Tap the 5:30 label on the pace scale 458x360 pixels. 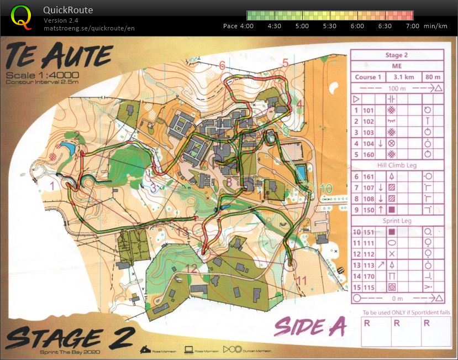pyautogui.click(x=329, y=26)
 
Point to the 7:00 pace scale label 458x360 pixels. pyautogui.click(x=412, y=26)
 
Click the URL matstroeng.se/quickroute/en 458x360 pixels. pyautogui.click(x=89, y=28)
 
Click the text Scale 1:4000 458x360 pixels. pyautogui.click(x=42, y=75)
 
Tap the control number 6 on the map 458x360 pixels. pyautogui.click(x=222, y=66)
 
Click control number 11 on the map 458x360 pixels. pyautogui.click(x=301, y=280)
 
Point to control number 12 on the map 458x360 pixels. pyautogui.click(x=192, y=269)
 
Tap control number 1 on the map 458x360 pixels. pyautogui.click(x=52, y=186)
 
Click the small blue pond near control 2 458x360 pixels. pyautogui.click(x=69, y=149)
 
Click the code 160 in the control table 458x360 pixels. pyautogui.click(x=368, y=154)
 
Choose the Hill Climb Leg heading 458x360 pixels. pyautogui.click(x=397, y=165)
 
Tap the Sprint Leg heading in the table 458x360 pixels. pyautogui.click(x=397, y=220)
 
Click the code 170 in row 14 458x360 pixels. pyautogui.click(x=368, y=276)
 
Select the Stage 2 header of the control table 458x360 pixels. pyautogui.click(x=397, y=55)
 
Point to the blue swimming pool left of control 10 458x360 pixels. pyautogui.click(x=301, y=173)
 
